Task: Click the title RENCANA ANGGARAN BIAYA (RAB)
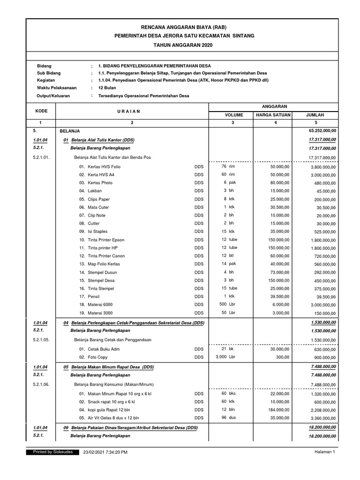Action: coord(180,28)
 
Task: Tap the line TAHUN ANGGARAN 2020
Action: coord(180,44)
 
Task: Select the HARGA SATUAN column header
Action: coord(273,114)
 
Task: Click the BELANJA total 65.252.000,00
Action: coord(321,132)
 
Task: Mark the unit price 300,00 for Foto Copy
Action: coord(283,357)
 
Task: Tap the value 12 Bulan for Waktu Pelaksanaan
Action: coord(107,88)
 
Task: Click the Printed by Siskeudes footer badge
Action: coord(52,452)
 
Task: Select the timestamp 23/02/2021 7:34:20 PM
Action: coord(105,452)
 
